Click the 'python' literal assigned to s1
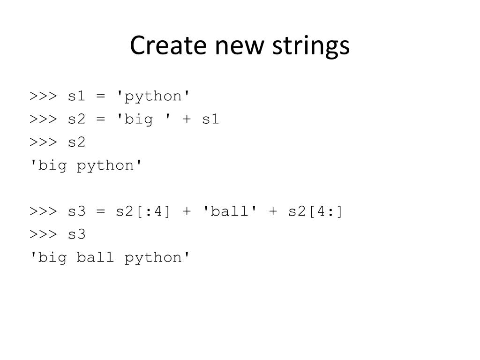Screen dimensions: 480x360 (154, 96)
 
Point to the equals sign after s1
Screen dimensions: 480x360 (101, 96)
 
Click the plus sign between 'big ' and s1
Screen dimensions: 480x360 (187, 120)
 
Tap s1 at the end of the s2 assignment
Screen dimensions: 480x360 (210, 120)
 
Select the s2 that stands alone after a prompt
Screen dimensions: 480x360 (77, 142)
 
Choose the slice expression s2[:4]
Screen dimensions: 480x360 (144, 211)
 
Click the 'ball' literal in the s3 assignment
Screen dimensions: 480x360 (230, 211)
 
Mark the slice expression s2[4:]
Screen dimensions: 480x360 (315, 211)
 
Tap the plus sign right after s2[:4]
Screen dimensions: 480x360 (187, 211)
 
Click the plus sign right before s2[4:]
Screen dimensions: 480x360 (273, 211)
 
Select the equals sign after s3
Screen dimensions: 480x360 (101, 211)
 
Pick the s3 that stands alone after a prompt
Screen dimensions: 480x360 (77, 234)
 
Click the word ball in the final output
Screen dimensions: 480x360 (96, 257)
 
